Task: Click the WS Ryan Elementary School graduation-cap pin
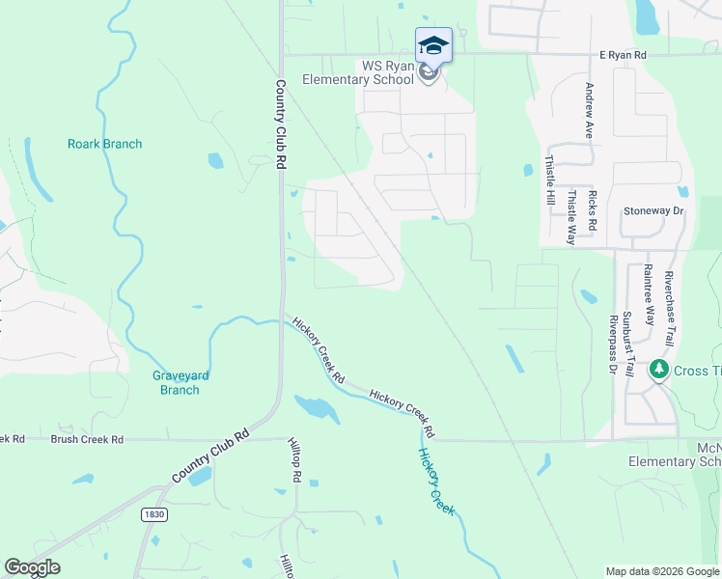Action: click(433, 45)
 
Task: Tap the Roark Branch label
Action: click(104, 144)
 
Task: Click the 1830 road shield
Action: click(153, 514)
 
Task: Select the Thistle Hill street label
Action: click(550, 180)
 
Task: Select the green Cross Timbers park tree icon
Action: click(660, 370)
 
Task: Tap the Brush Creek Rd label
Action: click(87, 439)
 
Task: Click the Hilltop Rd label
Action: click(295, 462)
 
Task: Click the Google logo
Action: click(32, 567)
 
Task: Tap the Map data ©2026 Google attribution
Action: click(661, 571)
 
